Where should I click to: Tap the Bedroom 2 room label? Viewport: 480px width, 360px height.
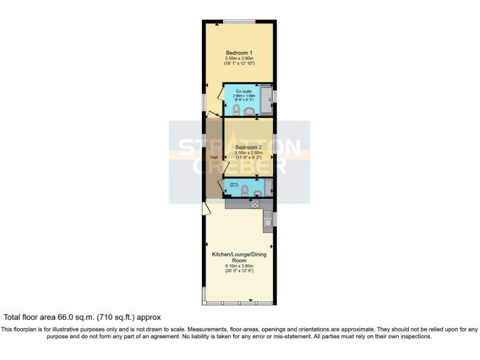click(x=249, y=147)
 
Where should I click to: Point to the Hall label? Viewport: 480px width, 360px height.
click(x=214, y=157)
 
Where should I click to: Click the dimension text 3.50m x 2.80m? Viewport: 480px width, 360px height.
click(x=249, y=152)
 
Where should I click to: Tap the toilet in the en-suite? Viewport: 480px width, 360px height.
click(x=236, y=110)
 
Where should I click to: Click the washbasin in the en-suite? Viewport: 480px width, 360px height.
click(x=249, y=111)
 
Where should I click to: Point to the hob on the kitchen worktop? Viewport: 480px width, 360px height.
click(x=255, y=204)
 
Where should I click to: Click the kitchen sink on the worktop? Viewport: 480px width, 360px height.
click(x=267, y=218)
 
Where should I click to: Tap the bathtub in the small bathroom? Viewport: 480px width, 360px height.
click(x=266, y=187)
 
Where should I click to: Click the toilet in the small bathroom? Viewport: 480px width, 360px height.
click(x=244, y=190)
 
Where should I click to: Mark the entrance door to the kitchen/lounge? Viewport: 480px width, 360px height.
click(x=206, y=208)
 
